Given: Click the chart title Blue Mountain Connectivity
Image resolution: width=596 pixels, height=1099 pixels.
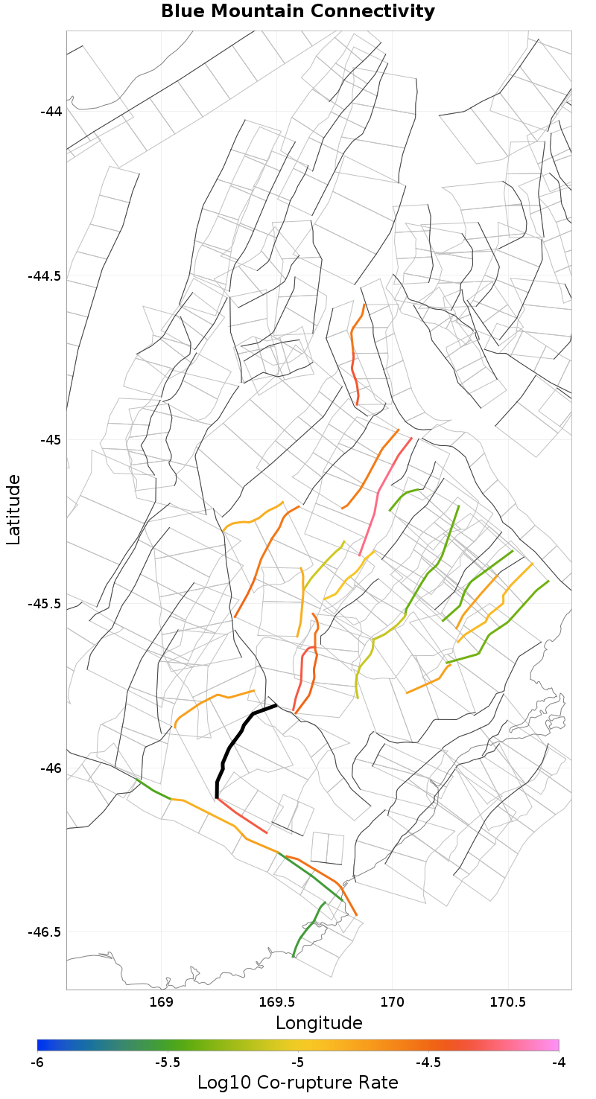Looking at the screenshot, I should pos(298,12).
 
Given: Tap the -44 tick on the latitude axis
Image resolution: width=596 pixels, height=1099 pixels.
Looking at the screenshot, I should pos(51,112).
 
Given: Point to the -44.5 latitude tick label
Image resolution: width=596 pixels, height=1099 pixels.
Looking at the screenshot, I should pos(45,276).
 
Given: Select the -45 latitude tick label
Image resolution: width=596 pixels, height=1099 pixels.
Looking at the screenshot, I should pos(51,440).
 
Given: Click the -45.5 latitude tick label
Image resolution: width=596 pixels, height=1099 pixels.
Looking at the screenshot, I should pos(45,604).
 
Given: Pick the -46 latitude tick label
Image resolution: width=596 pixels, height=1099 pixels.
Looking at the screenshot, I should pos(51,768).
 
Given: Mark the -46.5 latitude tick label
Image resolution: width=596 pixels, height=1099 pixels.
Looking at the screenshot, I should pos(45,932).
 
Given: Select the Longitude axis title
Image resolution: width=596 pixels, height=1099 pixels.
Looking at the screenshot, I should pos(319,1022).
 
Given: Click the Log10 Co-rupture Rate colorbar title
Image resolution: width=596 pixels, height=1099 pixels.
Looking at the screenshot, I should pos(298,1082).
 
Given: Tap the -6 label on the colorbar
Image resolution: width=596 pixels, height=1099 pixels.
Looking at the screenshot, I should pos(37,1062).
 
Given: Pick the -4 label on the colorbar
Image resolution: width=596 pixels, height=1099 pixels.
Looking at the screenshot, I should pos(559,1062).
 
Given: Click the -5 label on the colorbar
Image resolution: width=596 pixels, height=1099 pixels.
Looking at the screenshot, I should pos(298,1062).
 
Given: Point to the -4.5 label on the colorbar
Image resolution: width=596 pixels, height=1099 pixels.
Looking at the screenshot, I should pos(428,1062).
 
